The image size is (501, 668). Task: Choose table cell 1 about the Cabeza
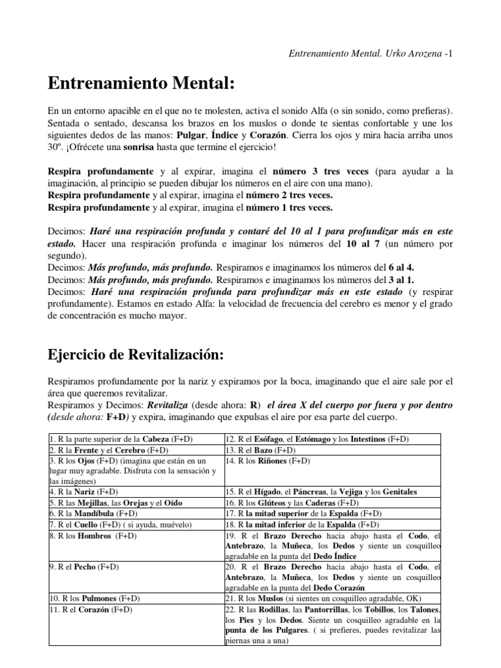(x=121, y=438)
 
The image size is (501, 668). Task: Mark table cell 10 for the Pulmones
(x=95, y=598)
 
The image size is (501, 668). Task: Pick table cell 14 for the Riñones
(x=268, y=461)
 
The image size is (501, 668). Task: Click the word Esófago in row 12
(x=269, y=438)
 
